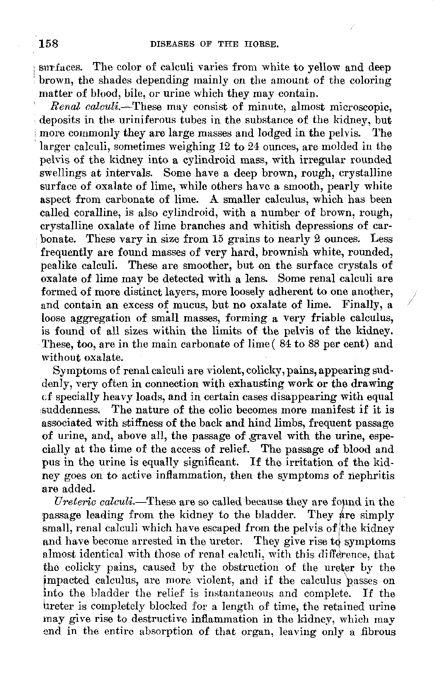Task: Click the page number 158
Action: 49,44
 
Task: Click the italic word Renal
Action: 63,108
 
